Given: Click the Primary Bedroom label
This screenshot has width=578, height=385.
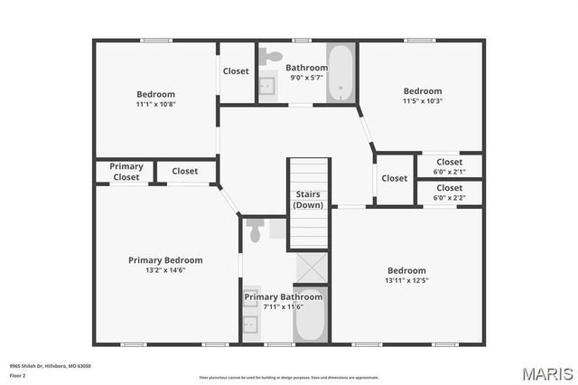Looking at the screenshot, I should tap(165, 260).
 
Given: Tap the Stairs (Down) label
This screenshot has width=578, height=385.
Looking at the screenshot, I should tap(307, 200).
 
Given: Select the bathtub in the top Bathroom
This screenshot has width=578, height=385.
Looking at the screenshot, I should tap(340, 72).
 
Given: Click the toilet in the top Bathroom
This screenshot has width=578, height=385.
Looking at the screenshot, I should tap(270, 56).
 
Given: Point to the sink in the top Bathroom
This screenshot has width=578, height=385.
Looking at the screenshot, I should tap(267, 87).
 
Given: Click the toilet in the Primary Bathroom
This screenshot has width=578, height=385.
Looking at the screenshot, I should tap(255, 231).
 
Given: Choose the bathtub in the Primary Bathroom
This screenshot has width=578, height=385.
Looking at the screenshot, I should tap(310, 317).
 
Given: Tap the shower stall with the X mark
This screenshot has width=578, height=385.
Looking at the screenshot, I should tap(311, 268).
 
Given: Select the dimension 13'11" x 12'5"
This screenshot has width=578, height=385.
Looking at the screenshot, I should tap(406, 281).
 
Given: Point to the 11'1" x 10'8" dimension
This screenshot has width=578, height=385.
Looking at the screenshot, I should tap(155, 105).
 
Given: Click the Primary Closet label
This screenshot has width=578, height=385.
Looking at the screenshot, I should tap(126, 172).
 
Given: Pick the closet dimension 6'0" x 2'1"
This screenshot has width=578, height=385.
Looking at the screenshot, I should tap(449, 172).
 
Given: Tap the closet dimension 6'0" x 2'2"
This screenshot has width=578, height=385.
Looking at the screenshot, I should tap(449, 197).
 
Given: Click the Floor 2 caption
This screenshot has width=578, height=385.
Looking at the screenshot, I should tap(18, 374).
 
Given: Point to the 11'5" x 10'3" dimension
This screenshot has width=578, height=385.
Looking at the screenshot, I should tap(423, 101).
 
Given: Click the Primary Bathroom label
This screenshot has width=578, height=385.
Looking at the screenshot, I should tap(283, 296).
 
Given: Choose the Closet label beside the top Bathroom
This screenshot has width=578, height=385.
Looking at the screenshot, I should tap(236, 71).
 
